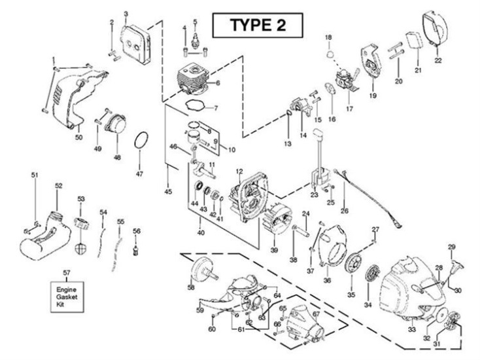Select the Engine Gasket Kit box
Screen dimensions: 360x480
coord(66,295)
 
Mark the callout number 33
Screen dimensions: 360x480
coord(411,329)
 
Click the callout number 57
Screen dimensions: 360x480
coord(66,272)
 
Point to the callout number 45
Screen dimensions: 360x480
coord(168,191)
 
